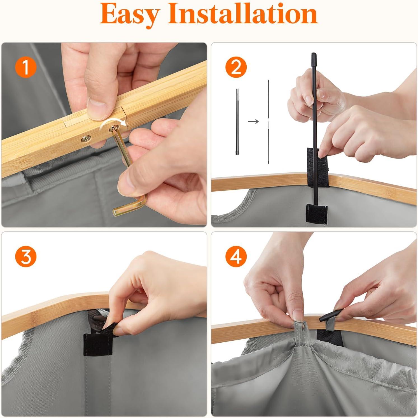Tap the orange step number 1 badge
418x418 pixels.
(25, 67)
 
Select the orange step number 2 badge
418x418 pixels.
(236, 67)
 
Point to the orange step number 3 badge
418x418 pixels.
(25, 257)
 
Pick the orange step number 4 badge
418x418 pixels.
(236, 257)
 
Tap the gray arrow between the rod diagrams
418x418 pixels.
(253, 121)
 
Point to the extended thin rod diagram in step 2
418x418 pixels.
(268, 122)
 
